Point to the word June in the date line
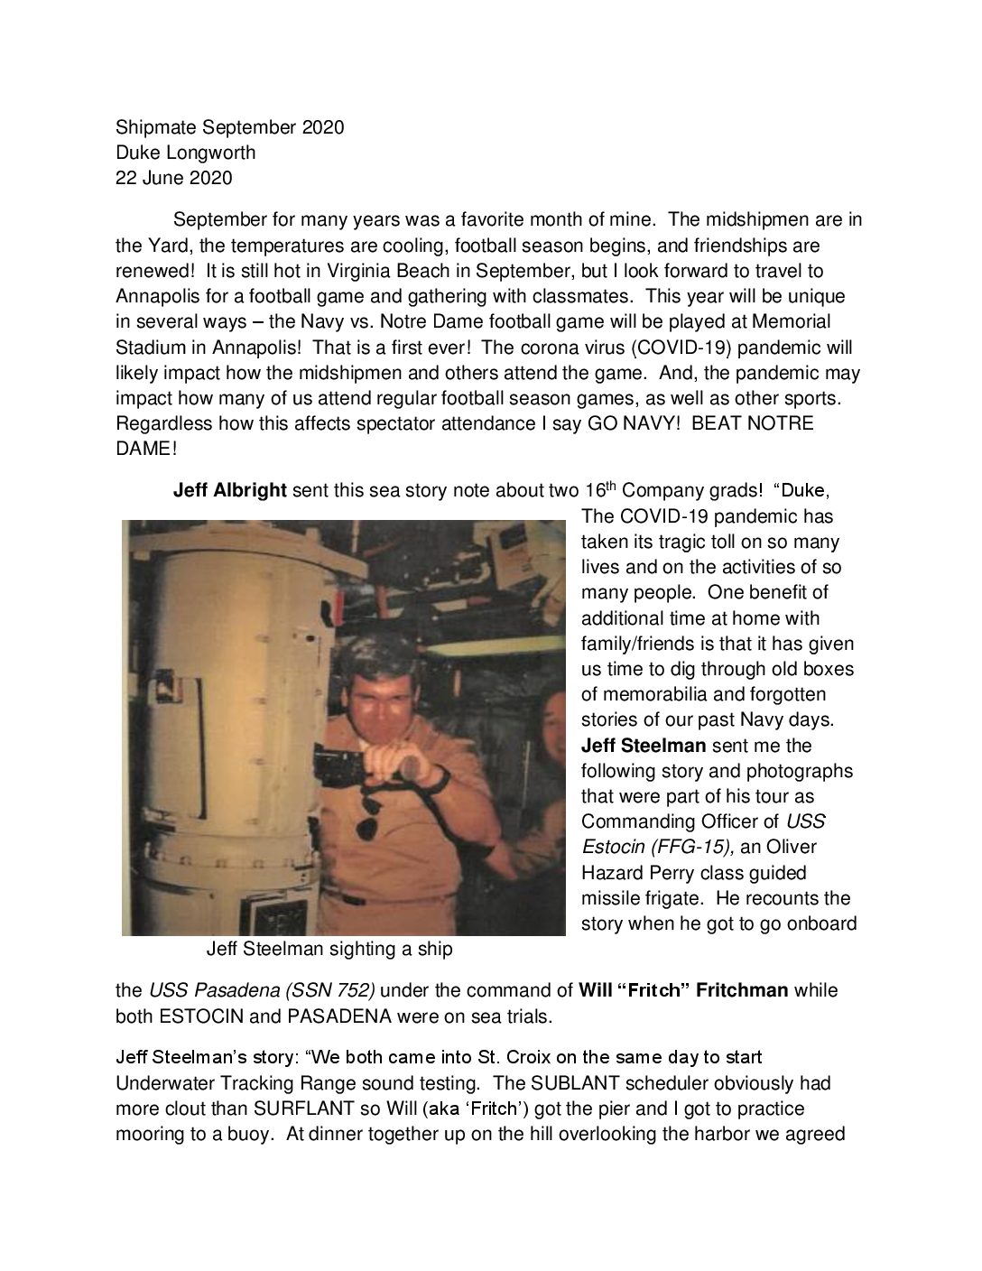(x=163, y=178)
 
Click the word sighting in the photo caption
(x=343, y=950)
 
